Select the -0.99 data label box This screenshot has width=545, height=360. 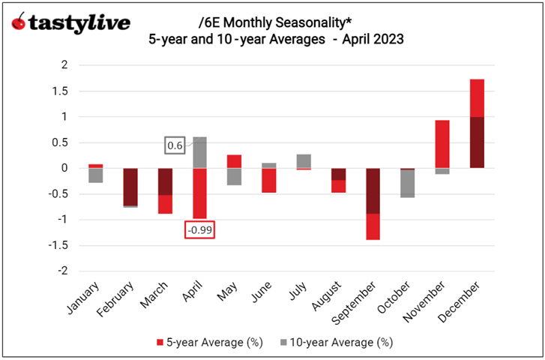pos(200,229)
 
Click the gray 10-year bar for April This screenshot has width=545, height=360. pos(200,152)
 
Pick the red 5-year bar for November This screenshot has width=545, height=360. pos(442,143)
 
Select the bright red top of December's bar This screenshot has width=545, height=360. pos(477,97)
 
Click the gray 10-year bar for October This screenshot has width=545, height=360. pos(407,184)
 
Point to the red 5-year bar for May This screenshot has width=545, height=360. pos(235,161)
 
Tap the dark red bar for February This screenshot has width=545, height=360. pos(130,186)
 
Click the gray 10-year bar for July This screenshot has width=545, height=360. pos(304,160)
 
